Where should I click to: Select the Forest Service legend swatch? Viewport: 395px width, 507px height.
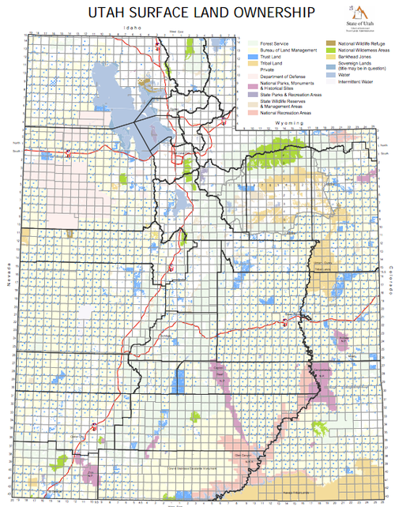click(246, 45)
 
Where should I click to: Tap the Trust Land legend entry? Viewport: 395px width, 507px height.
click(246, 59)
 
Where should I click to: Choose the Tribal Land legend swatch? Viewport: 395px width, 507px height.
click(246, 66)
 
